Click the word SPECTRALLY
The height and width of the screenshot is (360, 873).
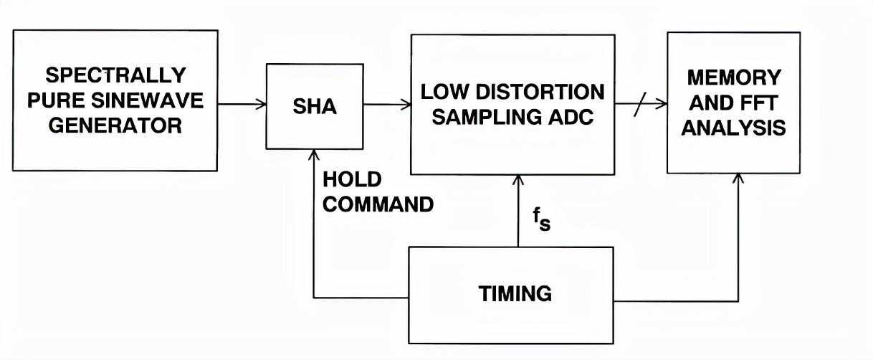coord(115,75)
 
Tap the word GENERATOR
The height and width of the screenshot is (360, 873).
coord(115,125)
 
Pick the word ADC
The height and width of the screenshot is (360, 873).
coord(573,118)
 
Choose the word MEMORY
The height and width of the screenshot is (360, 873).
coord(733,77)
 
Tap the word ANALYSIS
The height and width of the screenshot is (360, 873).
coord(733,128)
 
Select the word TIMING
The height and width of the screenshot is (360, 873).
coord(515,293)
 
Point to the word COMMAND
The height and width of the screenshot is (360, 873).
coord(378,204)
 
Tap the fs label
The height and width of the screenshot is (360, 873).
coord(540,219)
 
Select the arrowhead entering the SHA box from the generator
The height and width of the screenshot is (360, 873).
coord(260,105)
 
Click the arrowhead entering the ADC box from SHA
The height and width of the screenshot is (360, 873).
coord(405,105)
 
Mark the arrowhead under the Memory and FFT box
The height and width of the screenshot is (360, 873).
coord(738,178)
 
